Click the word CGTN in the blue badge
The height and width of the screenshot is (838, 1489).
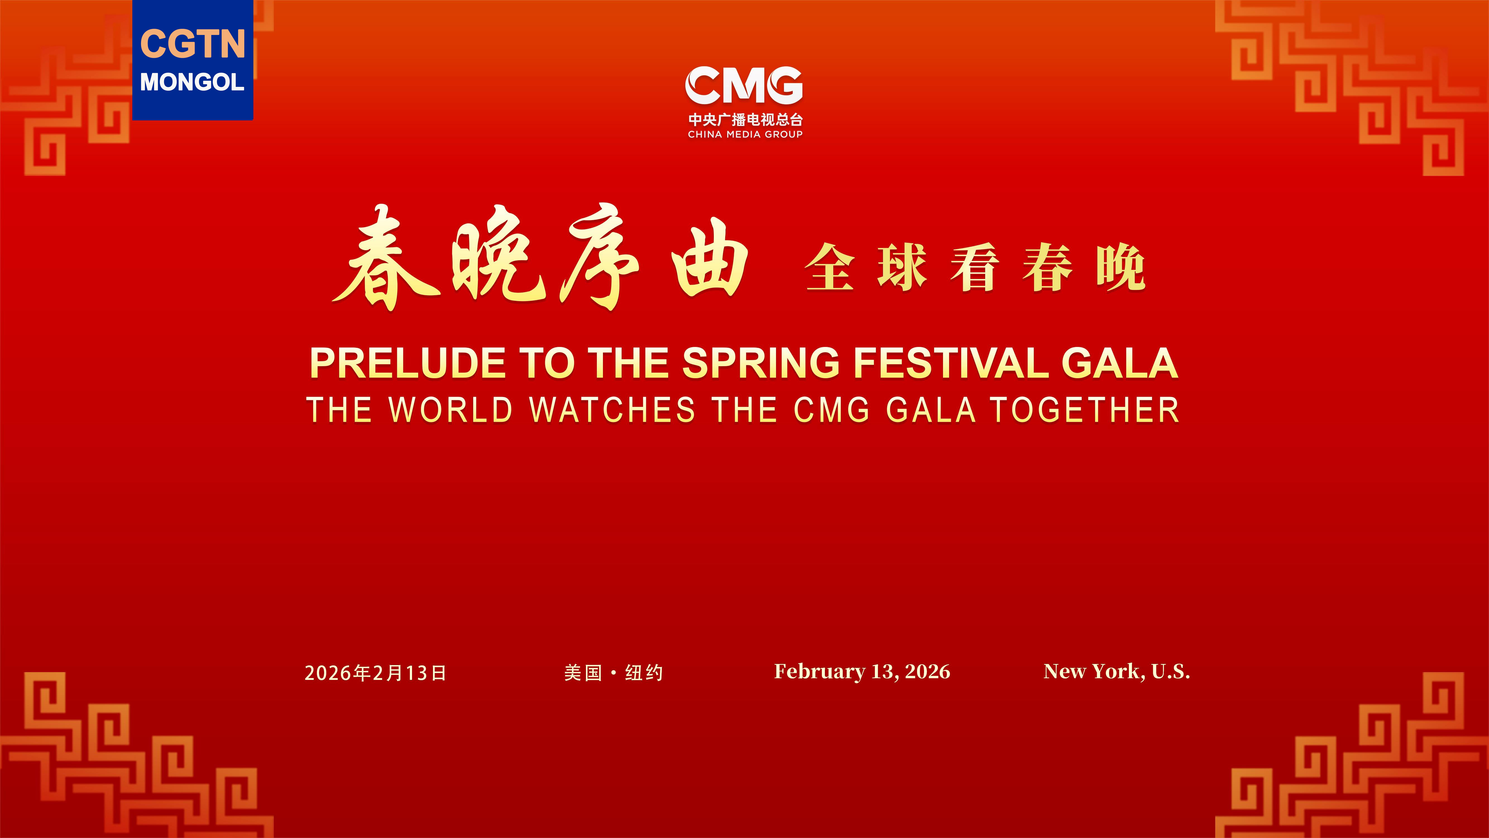click(x=193, y=44)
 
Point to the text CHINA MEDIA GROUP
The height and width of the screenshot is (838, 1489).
click(x=745, y=134)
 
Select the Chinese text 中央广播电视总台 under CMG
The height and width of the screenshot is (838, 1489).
click(x=745, y=120)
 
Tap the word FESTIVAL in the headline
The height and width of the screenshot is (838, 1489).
click(x=951, y=363)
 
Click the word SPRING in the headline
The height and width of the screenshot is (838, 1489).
click(x=761, y=363)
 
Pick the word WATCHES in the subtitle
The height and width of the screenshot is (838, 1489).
click(x=612, y=410)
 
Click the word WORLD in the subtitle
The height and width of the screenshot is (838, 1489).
click(x=451, y=410)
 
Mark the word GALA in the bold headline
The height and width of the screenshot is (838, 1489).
click(x=1120, y=363)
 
